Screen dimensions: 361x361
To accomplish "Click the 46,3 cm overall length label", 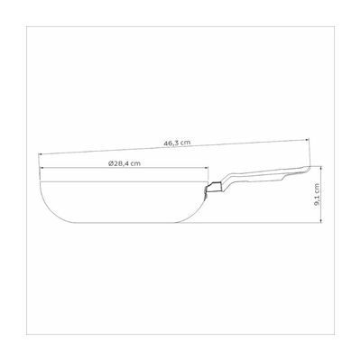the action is pos(177,143).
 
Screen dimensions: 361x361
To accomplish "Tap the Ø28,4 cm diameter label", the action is pos(125,163).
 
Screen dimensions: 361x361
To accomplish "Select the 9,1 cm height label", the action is pos(316,195).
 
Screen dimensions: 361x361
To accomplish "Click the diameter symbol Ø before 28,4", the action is pos(110,163).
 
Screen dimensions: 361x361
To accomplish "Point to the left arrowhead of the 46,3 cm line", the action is pos(41,154).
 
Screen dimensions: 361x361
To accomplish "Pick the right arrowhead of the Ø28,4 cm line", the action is pos(206,168).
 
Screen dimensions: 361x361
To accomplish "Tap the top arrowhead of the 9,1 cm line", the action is pos(321,168).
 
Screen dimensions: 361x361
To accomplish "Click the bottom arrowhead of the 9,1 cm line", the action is pos(321,220).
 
